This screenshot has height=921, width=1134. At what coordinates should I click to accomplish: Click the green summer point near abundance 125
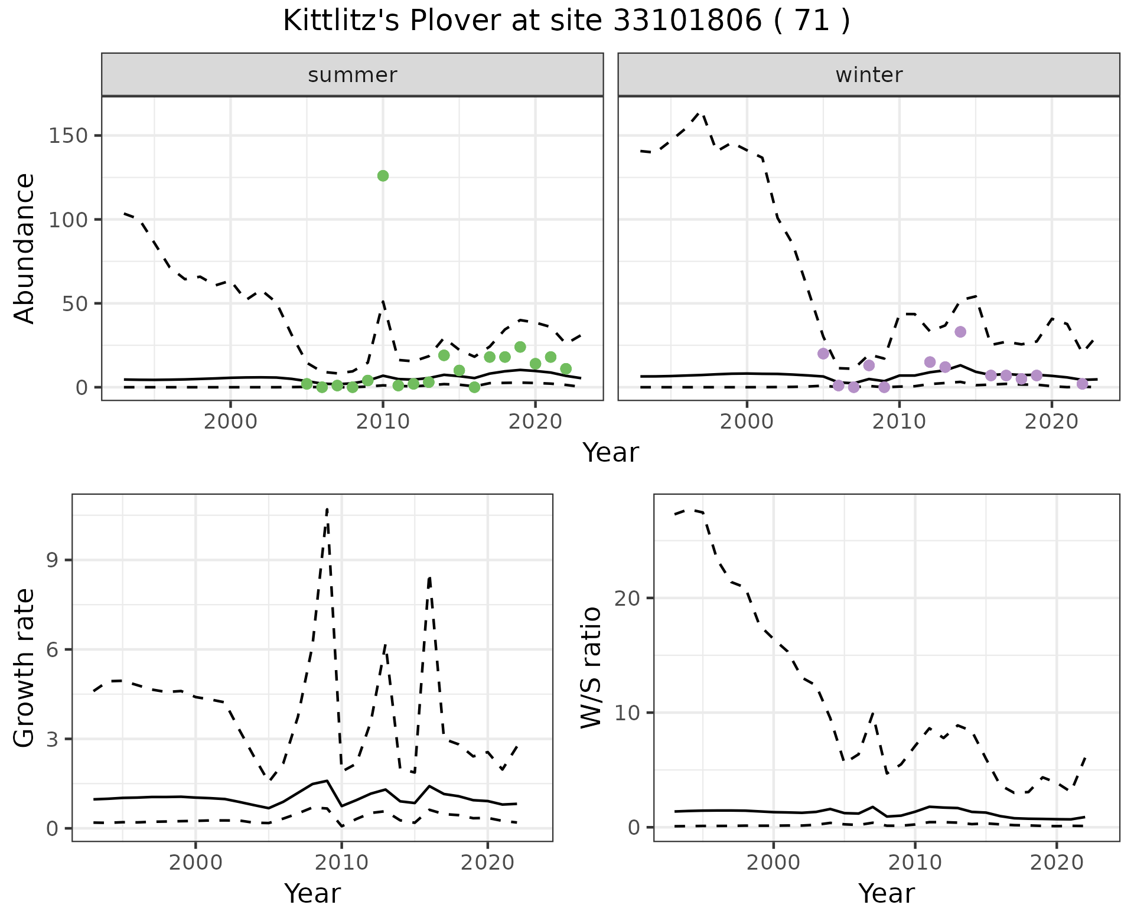pos(383,176)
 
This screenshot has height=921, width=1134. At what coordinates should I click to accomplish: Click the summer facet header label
pos(353,75)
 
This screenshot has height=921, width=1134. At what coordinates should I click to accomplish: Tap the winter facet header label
pos(869,75)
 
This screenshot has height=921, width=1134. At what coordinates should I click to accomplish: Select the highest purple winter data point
pos(960,332)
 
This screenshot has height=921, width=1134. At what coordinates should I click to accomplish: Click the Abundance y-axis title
pos(25,248)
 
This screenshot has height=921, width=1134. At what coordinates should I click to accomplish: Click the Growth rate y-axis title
pos(25,668)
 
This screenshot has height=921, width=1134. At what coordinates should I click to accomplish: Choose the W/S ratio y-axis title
pos(591,667)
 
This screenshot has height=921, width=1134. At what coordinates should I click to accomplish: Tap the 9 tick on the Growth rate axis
pos(53,560)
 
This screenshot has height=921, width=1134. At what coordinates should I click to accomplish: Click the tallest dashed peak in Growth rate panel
pos(327,509)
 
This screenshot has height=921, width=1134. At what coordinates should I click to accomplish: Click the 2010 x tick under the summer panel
pos(383,422)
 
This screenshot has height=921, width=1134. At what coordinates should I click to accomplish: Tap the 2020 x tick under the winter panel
pos(1051,422)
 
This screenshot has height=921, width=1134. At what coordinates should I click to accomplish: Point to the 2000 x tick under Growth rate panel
pos(195,863)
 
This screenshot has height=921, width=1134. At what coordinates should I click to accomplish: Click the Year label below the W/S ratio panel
pos(887,893)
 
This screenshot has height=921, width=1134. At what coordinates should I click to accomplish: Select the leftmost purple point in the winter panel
pos(823,354)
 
